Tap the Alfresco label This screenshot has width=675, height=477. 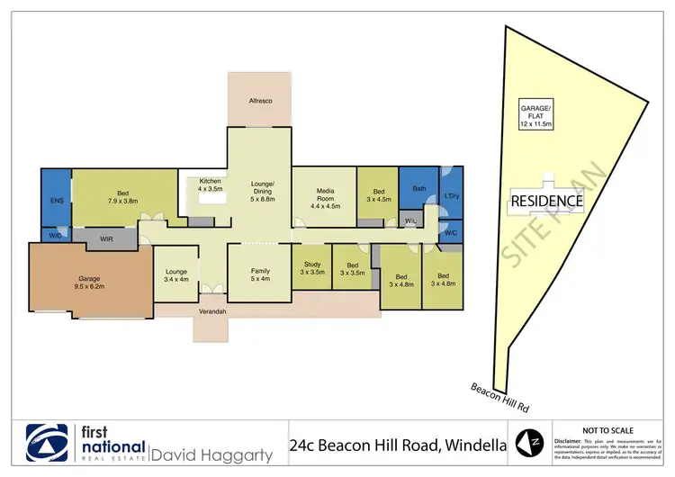(x=260, y=101)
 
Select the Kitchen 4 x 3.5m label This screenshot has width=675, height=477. (x=209, y=186)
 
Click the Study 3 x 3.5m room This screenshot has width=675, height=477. (x=311, y=268)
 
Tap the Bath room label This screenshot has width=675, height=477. (x=418, y=189)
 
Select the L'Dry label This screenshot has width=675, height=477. (x=452, y=196)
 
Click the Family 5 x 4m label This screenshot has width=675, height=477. (x=259, y=274)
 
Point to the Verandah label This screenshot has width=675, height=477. (x=212, y=311)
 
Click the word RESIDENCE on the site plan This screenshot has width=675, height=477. (x=547, y=202)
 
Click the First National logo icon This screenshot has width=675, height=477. (x=48, y=443)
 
